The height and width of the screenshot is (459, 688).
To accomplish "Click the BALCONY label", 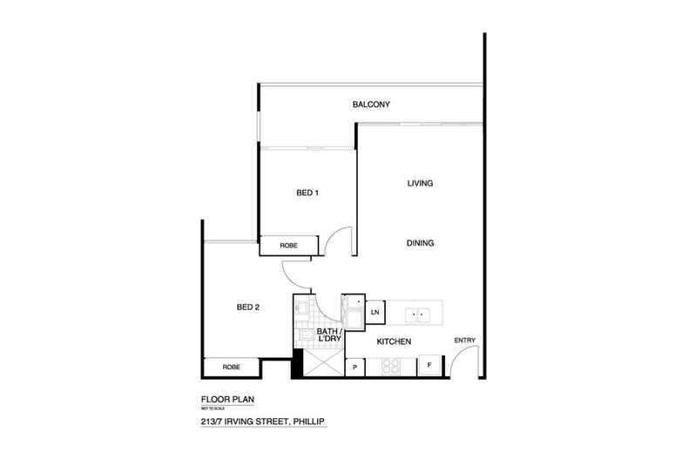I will (x=371, y=105).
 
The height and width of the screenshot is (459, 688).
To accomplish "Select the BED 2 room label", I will (x=249, y=307).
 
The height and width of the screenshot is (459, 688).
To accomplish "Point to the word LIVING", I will (x=421, y=184).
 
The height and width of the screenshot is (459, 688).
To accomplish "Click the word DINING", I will (x=421, y=243).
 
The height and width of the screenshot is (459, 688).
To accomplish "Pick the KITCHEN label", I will (x=394, y=341).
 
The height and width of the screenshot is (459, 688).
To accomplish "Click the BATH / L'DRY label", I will (x=327, y=336).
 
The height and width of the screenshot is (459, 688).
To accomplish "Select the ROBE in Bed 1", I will (x=288, y=246).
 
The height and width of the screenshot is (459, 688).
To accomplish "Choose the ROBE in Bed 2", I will (x=232, y=368).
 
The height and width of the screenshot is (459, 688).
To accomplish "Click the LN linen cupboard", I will (x=375, y=312).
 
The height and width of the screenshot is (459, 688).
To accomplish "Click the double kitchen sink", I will (x=418, y=311).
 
